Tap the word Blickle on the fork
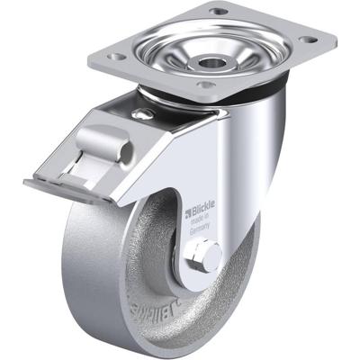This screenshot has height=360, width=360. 204,213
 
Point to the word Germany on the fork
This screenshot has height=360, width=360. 202,229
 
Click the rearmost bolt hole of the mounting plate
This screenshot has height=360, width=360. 218,11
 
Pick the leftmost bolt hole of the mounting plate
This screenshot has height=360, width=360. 115,56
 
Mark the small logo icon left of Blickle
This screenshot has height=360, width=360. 189,213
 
